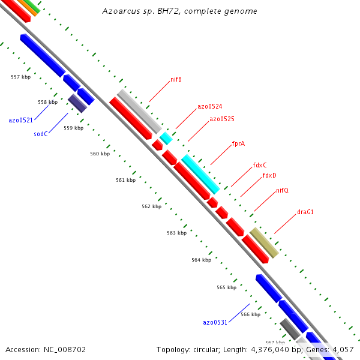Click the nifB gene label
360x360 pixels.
coord(176,79)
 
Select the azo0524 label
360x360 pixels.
coord(210,107)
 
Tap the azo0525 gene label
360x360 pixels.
coord(221,119)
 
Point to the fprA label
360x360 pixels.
coord(238,144)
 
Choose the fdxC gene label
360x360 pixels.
coord(260,165)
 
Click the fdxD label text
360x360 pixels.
coord(269,176)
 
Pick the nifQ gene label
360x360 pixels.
coord(282,191)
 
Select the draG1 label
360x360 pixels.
coord(305,212)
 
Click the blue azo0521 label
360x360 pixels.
coord(20,121)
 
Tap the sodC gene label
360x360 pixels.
coord(41,134)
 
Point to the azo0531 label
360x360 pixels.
coord(215,323)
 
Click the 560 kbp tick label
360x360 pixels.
coord(100,154)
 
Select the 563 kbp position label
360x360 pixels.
coord(176,233)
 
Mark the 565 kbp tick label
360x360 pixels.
coord(226,288)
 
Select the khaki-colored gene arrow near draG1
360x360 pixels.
coord(264,242)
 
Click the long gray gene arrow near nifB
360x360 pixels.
coord(139,111)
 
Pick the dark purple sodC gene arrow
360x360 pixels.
coord(77,103)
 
